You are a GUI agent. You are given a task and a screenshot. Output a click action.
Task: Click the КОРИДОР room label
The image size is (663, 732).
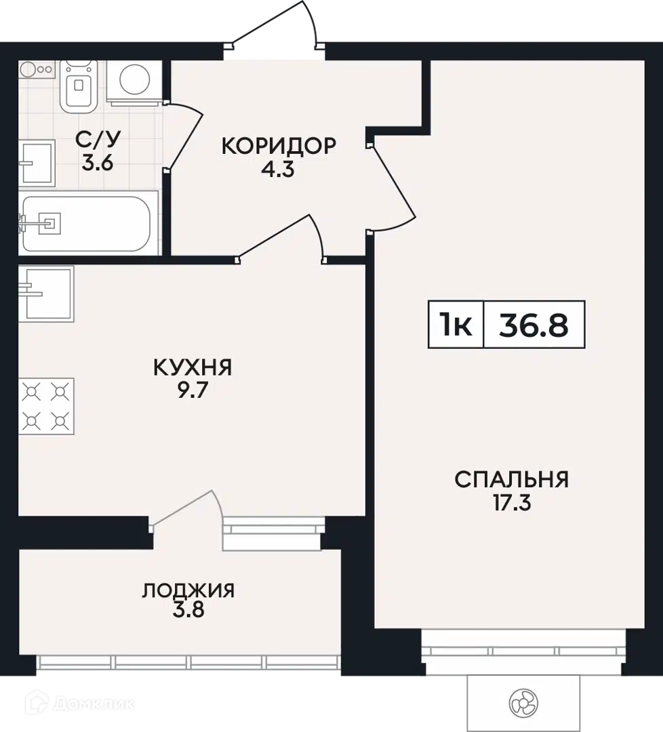tap(279, 146)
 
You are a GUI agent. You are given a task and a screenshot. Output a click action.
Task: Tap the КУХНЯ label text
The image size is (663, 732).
tap(193, 367)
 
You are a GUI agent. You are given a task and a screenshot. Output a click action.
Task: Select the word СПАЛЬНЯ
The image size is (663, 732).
tap(512, 480)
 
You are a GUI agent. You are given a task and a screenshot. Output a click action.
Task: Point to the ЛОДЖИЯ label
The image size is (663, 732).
tap(188, 590)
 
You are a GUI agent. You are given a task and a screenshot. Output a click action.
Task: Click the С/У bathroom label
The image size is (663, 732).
tap(98, 139)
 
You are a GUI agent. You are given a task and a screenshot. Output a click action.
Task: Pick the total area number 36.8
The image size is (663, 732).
tap(534, 325)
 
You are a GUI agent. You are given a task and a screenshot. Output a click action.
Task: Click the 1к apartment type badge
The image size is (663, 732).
tap(456, 325)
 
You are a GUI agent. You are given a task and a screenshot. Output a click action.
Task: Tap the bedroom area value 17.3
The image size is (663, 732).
tap(512, 503)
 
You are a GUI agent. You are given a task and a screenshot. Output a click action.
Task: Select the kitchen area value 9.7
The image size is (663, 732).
tap(192, 390)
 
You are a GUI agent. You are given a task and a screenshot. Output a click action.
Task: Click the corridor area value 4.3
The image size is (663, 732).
tap(278, 169)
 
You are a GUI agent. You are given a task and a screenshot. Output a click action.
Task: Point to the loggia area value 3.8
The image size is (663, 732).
tap(188, 610)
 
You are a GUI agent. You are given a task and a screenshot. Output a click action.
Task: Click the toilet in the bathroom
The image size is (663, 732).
tap(79, 85)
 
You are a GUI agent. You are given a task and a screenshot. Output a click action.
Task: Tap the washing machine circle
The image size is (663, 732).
tap(135, 79)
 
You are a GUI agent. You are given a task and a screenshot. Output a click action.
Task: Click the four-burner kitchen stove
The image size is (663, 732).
tap(46, 406)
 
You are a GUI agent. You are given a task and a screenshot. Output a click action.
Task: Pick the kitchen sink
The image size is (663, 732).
tap(46, 293)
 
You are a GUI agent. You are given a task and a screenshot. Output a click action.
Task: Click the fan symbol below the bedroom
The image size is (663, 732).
tap(523, 703)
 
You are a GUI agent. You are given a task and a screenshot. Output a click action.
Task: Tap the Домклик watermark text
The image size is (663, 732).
tap(94, 703)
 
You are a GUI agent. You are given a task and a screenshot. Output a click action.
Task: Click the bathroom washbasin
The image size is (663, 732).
tap(37, 163)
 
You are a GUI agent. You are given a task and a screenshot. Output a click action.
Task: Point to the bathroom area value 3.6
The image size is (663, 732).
tap(98, 163)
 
